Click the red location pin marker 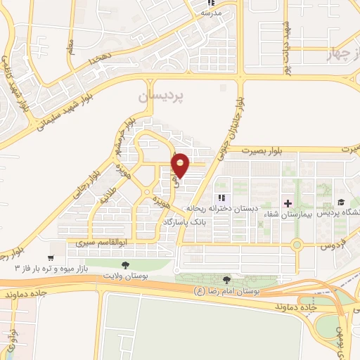click(181, 165)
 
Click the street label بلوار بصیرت click(261, 150)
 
